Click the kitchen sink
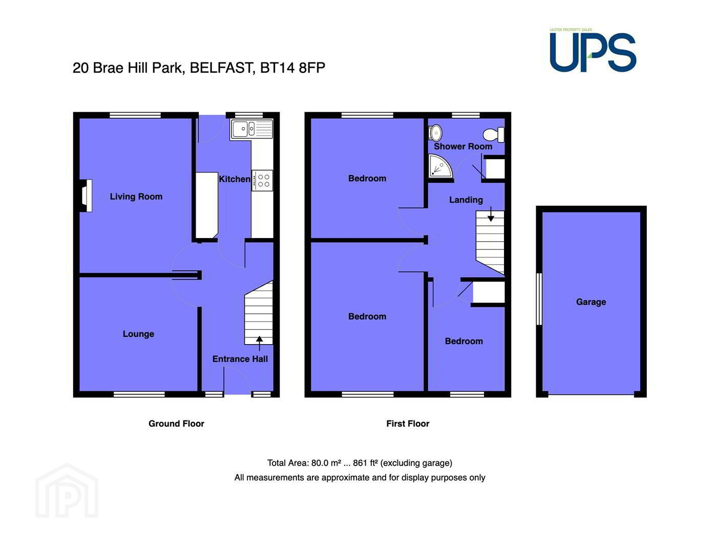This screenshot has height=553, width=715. tap(251, 129)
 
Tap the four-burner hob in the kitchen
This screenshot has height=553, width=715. tap(263, 180)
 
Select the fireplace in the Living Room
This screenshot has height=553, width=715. tap(86, 196)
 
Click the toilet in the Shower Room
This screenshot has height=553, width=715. tap(493, 135)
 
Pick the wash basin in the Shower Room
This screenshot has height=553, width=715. tap(435, 133)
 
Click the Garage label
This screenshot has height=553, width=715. tap(591, 302)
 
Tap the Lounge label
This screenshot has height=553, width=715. tap(138, 334)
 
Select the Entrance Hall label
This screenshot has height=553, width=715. tap(240, 359)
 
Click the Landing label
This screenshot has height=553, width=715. tap(466, 200)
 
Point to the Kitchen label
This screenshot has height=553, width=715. tap(235, 179)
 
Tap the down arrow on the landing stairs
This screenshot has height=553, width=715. tap(491, 214)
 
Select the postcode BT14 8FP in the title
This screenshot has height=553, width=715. tap(292, 68)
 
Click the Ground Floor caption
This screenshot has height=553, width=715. tap(176, 423)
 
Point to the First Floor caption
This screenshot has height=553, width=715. tap(408, 423)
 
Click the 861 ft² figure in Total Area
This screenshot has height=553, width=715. tap(365, 463)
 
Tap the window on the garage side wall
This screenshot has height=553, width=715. tap(539, 299)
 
